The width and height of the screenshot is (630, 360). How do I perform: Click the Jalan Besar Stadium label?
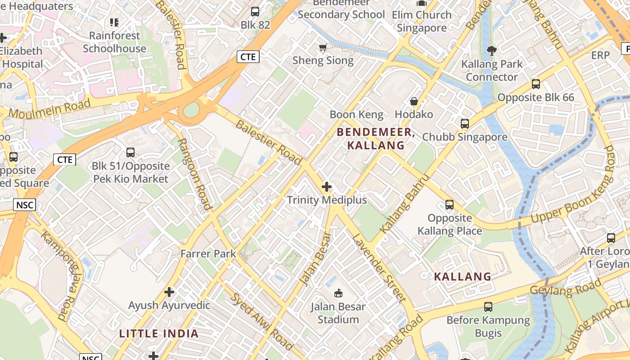coord(338,313)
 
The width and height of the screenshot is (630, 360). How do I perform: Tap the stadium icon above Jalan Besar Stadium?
coord(338,293)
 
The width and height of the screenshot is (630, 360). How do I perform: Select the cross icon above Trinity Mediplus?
coord(327,187)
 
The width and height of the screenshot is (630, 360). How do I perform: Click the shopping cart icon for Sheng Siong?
coord(323,47)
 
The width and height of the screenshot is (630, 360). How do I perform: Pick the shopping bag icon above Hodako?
coord(414,101)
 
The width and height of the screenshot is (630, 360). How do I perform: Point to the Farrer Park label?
coord(208,254)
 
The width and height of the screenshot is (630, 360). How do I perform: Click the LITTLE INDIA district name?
coord(158,333)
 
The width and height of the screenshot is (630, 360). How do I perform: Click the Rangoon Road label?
coord(195,174)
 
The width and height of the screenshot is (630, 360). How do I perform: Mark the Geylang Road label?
coord(565,287)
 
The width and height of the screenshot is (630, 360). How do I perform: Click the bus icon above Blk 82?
coord(255,12)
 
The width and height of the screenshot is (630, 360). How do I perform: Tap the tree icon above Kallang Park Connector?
coord(492,51)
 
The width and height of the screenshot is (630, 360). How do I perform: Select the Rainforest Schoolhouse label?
coord(114,42)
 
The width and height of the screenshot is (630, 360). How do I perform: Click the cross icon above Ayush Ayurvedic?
coord(169,292)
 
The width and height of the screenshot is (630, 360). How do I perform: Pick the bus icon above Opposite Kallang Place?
coord(449,205)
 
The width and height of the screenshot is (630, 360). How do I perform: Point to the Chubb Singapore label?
coord(464,137)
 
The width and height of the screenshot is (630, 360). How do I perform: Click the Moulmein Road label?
coord(49,109)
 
